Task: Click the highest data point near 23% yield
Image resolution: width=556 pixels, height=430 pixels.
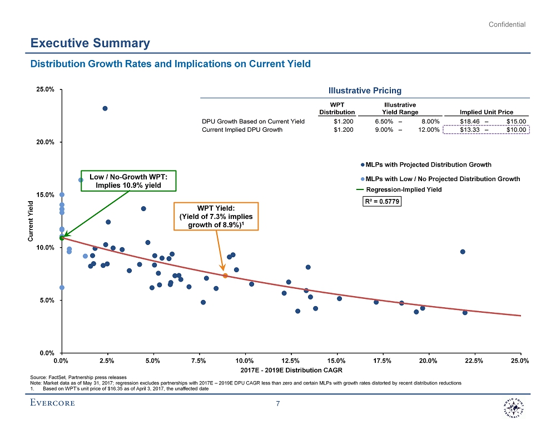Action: (x=105, y=108)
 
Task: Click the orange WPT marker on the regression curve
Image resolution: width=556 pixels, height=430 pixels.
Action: (x=225, y=276)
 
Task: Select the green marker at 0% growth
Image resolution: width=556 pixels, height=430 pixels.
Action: (x=62, y=238)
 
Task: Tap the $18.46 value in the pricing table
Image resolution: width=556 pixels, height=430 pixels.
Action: (x=470, y=121)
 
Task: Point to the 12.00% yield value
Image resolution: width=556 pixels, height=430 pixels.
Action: (x=429, y=130)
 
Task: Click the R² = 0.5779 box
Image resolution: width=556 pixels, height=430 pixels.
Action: (x=381, y=201)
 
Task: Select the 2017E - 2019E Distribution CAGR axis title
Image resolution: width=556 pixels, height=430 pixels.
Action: (x=291, y=369)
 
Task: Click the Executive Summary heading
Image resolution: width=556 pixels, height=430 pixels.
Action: (x=90, y=43)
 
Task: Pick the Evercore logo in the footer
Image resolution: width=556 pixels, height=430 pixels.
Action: (x=52, y=403)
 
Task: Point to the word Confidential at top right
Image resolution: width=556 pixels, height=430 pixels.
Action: (x=507, y=24)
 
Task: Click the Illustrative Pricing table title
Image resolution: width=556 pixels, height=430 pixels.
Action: (x=364, y=91)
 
